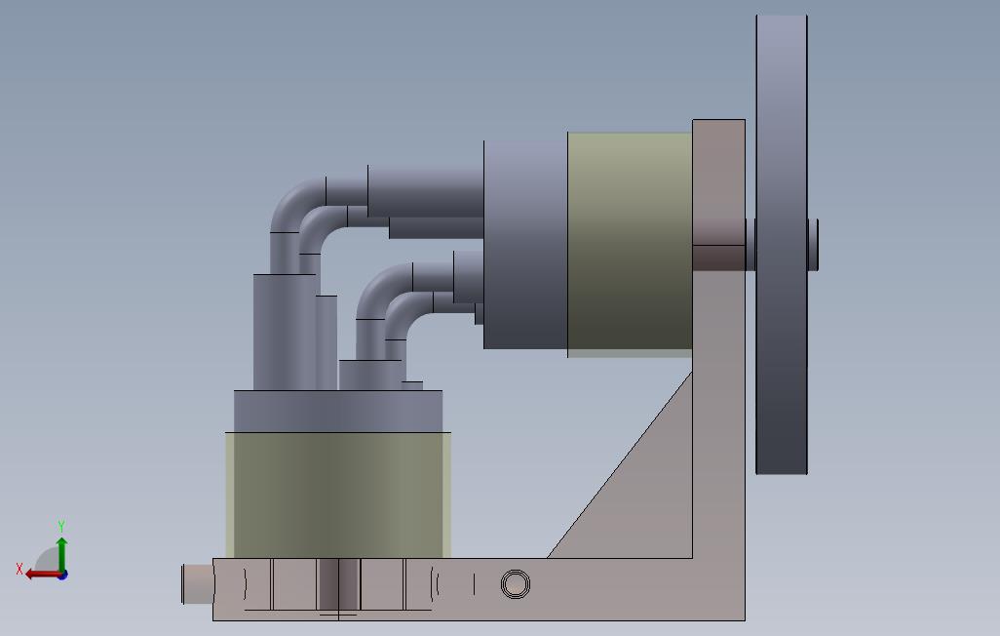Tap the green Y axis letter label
point(61,526)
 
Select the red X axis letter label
point(19,569)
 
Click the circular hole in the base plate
point(516,583)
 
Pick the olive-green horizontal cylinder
point(630,244)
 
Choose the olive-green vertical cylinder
point(338,495)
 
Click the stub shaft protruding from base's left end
point(198,583)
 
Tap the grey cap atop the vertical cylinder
point(338,412)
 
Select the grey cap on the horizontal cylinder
point(525,245)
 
